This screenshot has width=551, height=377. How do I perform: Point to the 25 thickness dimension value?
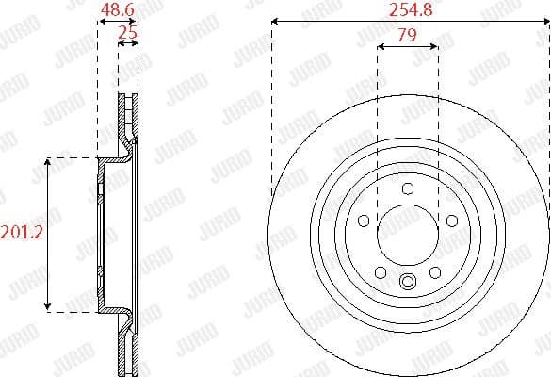127,33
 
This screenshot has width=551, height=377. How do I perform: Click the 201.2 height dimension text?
21,232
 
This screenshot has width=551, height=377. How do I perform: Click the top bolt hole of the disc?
407,189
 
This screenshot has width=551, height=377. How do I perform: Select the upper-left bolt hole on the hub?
363,221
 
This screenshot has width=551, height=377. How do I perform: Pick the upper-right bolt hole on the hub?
451,221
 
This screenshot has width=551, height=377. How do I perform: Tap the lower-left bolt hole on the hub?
380,272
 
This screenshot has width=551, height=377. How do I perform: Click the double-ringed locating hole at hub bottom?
407,280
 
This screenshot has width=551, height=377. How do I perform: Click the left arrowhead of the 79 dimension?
379,45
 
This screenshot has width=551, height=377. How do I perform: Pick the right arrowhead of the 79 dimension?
435,45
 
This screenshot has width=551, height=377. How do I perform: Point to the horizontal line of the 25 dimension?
127,45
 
